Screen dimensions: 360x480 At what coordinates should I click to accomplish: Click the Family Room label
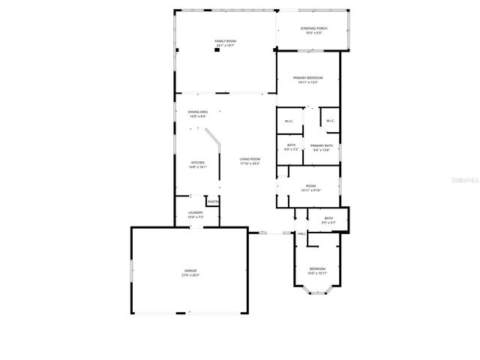225,43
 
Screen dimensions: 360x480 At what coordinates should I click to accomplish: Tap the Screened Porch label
313,31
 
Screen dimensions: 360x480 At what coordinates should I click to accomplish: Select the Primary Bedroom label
307,80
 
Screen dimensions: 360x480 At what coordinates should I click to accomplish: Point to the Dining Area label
198,114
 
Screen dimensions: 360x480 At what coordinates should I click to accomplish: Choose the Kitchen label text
197,164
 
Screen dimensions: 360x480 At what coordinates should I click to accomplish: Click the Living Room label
250,161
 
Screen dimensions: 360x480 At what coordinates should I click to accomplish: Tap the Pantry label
213,202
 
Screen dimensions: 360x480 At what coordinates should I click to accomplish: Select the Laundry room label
195,215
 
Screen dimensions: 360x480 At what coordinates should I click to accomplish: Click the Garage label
191,272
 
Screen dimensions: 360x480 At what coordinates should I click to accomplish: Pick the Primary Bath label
321,148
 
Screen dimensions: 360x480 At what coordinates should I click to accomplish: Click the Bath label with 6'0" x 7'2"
291,148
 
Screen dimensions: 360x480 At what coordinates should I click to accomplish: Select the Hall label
301,234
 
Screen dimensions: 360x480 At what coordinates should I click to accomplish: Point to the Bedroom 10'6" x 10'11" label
317,271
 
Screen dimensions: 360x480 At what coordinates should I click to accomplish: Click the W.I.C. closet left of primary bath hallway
288,121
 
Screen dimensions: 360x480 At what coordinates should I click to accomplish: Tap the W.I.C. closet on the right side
330,121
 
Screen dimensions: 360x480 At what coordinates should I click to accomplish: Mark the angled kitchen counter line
214,140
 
